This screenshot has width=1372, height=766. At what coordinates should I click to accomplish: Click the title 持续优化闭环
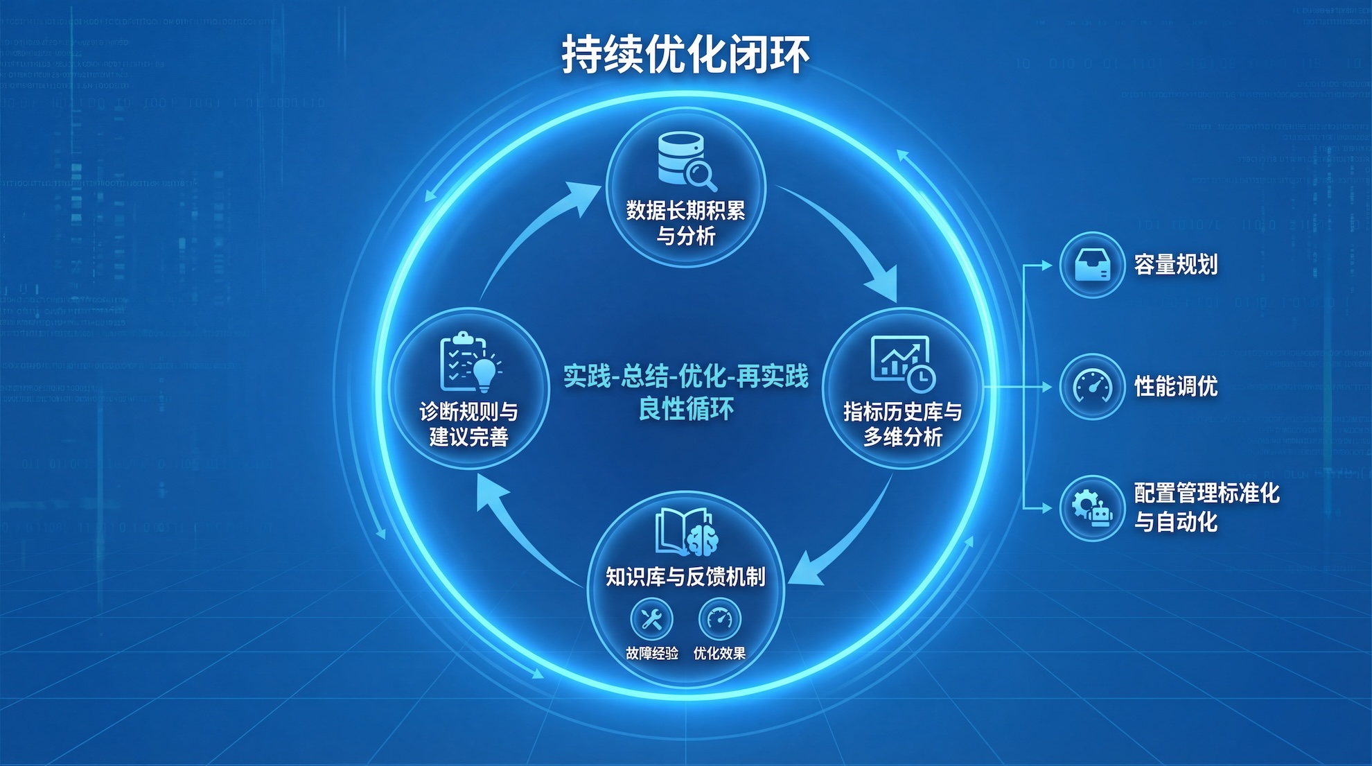(x=685, y=54)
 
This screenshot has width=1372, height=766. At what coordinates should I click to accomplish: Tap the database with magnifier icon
(x=685, y=161)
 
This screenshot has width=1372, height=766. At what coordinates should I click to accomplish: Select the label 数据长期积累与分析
(x=685, y=223)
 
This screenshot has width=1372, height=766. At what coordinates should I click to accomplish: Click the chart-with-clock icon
(x=902, y=363)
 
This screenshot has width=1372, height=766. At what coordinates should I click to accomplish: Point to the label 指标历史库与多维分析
(x=902, y=424)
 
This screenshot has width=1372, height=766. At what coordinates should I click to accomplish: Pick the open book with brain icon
(x=686, y=532)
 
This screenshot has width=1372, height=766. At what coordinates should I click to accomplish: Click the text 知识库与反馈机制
(x=685, y=577)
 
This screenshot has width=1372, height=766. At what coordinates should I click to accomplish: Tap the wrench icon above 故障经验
(x=651, y=618)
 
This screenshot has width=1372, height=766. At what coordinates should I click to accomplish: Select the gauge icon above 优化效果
(x=719, y=618)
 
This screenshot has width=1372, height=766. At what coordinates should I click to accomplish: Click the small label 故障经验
(x=651, y=653)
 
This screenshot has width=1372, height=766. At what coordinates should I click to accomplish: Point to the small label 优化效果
(x=719, y=653)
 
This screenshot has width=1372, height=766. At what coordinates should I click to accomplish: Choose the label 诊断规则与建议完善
(x=469, y=424)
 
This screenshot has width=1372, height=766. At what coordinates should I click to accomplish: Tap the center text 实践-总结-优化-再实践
(x=685, y=376)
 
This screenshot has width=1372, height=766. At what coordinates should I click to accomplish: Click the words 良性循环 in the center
(x=685, y=409)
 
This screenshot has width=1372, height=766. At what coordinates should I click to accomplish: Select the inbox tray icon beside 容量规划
(x=1092, y=265)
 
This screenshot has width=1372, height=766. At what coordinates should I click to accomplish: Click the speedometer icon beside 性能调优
(x=1092, y=387)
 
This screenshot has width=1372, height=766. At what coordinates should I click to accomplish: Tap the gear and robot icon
(x=1092, y=508)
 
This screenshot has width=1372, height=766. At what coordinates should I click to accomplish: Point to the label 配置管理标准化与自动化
(x=1206, y=507)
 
